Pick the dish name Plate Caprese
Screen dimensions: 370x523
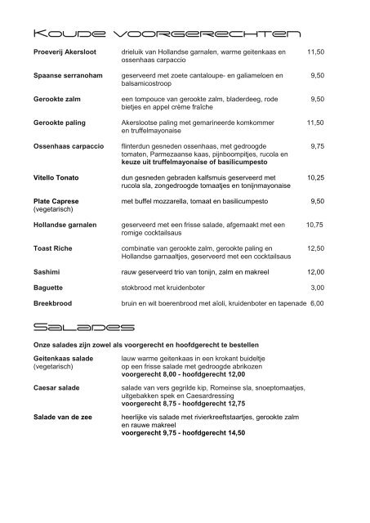(56, 200)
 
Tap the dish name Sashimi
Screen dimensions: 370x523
(47, 271)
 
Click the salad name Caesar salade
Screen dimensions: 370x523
(56, 388)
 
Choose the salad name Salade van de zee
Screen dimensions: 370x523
(65, 419)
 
